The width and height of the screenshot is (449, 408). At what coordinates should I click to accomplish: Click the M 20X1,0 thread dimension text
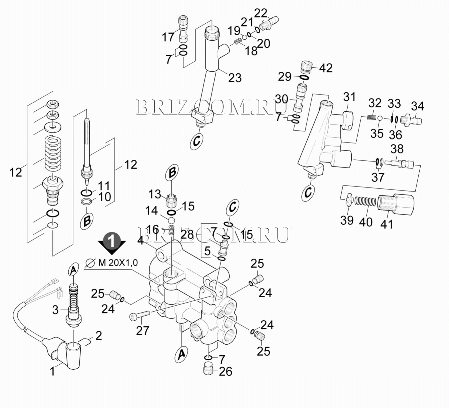(x=118, y=263)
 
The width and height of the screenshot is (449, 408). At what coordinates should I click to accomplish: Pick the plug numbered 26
(x=208, y=369)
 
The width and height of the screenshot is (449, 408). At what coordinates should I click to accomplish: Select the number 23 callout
(x=235, y=77)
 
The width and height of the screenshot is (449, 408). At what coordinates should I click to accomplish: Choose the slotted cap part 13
(x=170, y=201)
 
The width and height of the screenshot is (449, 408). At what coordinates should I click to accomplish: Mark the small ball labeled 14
(x=171, y=221)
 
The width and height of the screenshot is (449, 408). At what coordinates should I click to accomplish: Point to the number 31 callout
(x=349, y=97)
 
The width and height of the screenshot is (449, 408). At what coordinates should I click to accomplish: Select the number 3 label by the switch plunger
(x=55, y=310)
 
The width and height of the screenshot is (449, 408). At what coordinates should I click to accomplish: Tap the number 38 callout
(x=397, y=149)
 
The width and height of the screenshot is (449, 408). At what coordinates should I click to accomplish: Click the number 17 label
(x=168, y=37)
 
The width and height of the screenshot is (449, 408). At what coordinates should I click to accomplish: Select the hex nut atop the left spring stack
(x=52, y=104)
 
